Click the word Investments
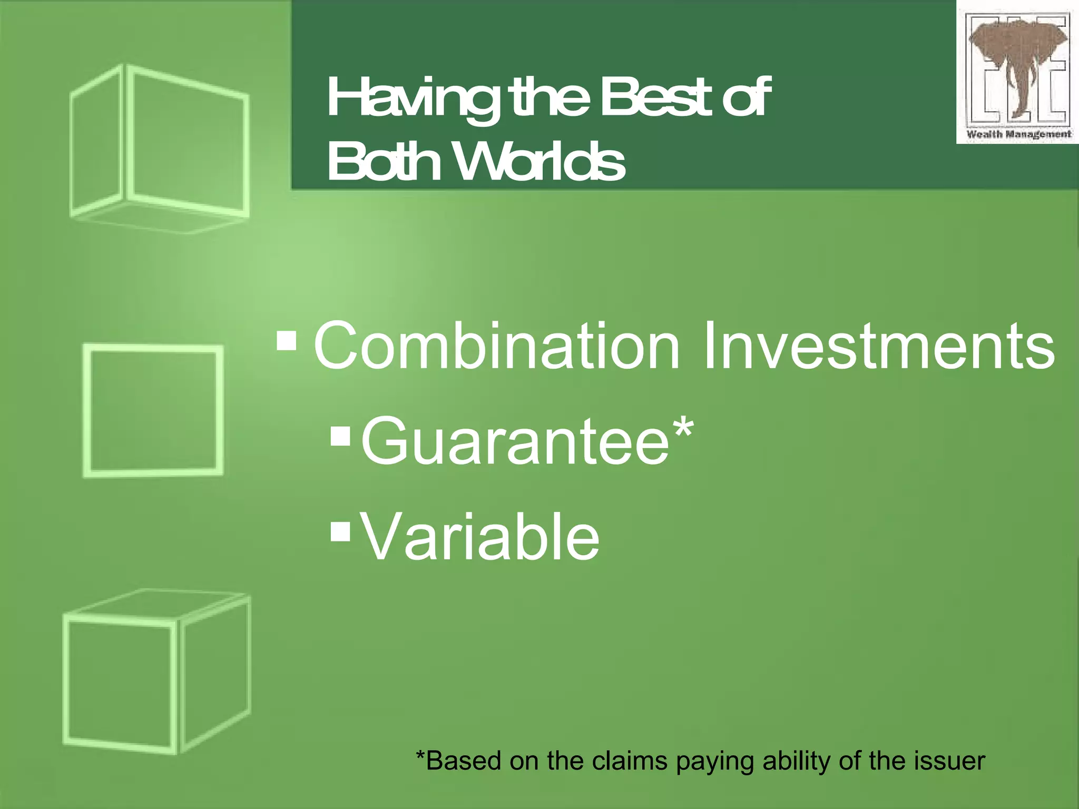click(878, 347)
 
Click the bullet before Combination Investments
click(287, 341)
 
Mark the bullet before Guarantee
click(340, 436)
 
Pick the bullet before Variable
click(340, 532)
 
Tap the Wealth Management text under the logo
click(1018, 134)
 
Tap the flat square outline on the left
click(153, 411)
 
